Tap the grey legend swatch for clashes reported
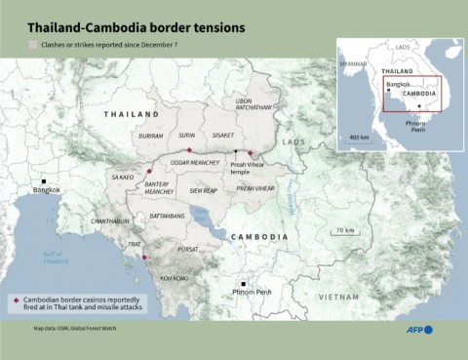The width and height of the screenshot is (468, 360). click(34, 45)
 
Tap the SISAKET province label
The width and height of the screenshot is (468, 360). click(223, 137)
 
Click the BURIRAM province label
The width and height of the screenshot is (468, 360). click(151, 137)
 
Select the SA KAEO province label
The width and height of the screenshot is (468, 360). click(123, 178)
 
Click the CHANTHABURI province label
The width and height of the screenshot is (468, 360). click(110, 221)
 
